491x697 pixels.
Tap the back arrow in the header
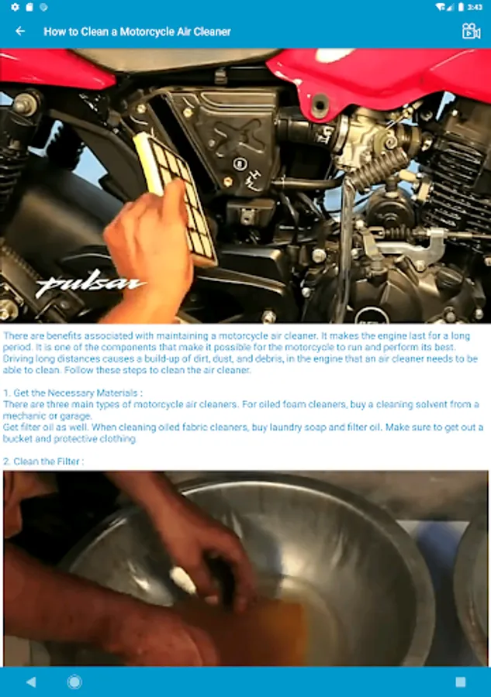point(20,31)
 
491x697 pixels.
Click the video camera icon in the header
point(471,31)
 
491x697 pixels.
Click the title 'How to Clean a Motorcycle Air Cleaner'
point(137,32)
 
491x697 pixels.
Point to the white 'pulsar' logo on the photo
point(89,284)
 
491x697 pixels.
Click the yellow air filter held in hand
point(176,196)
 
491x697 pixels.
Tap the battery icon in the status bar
point(462,7)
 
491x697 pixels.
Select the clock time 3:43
point(475,7)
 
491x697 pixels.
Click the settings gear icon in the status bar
point(16,7)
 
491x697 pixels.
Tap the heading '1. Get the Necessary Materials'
point(73,393)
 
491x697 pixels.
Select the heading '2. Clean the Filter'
point(43,462)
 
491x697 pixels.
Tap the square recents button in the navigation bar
point(461,682)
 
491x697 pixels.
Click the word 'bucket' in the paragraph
point(18,439)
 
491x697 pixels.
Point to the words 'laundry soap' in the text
point(282,427)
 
